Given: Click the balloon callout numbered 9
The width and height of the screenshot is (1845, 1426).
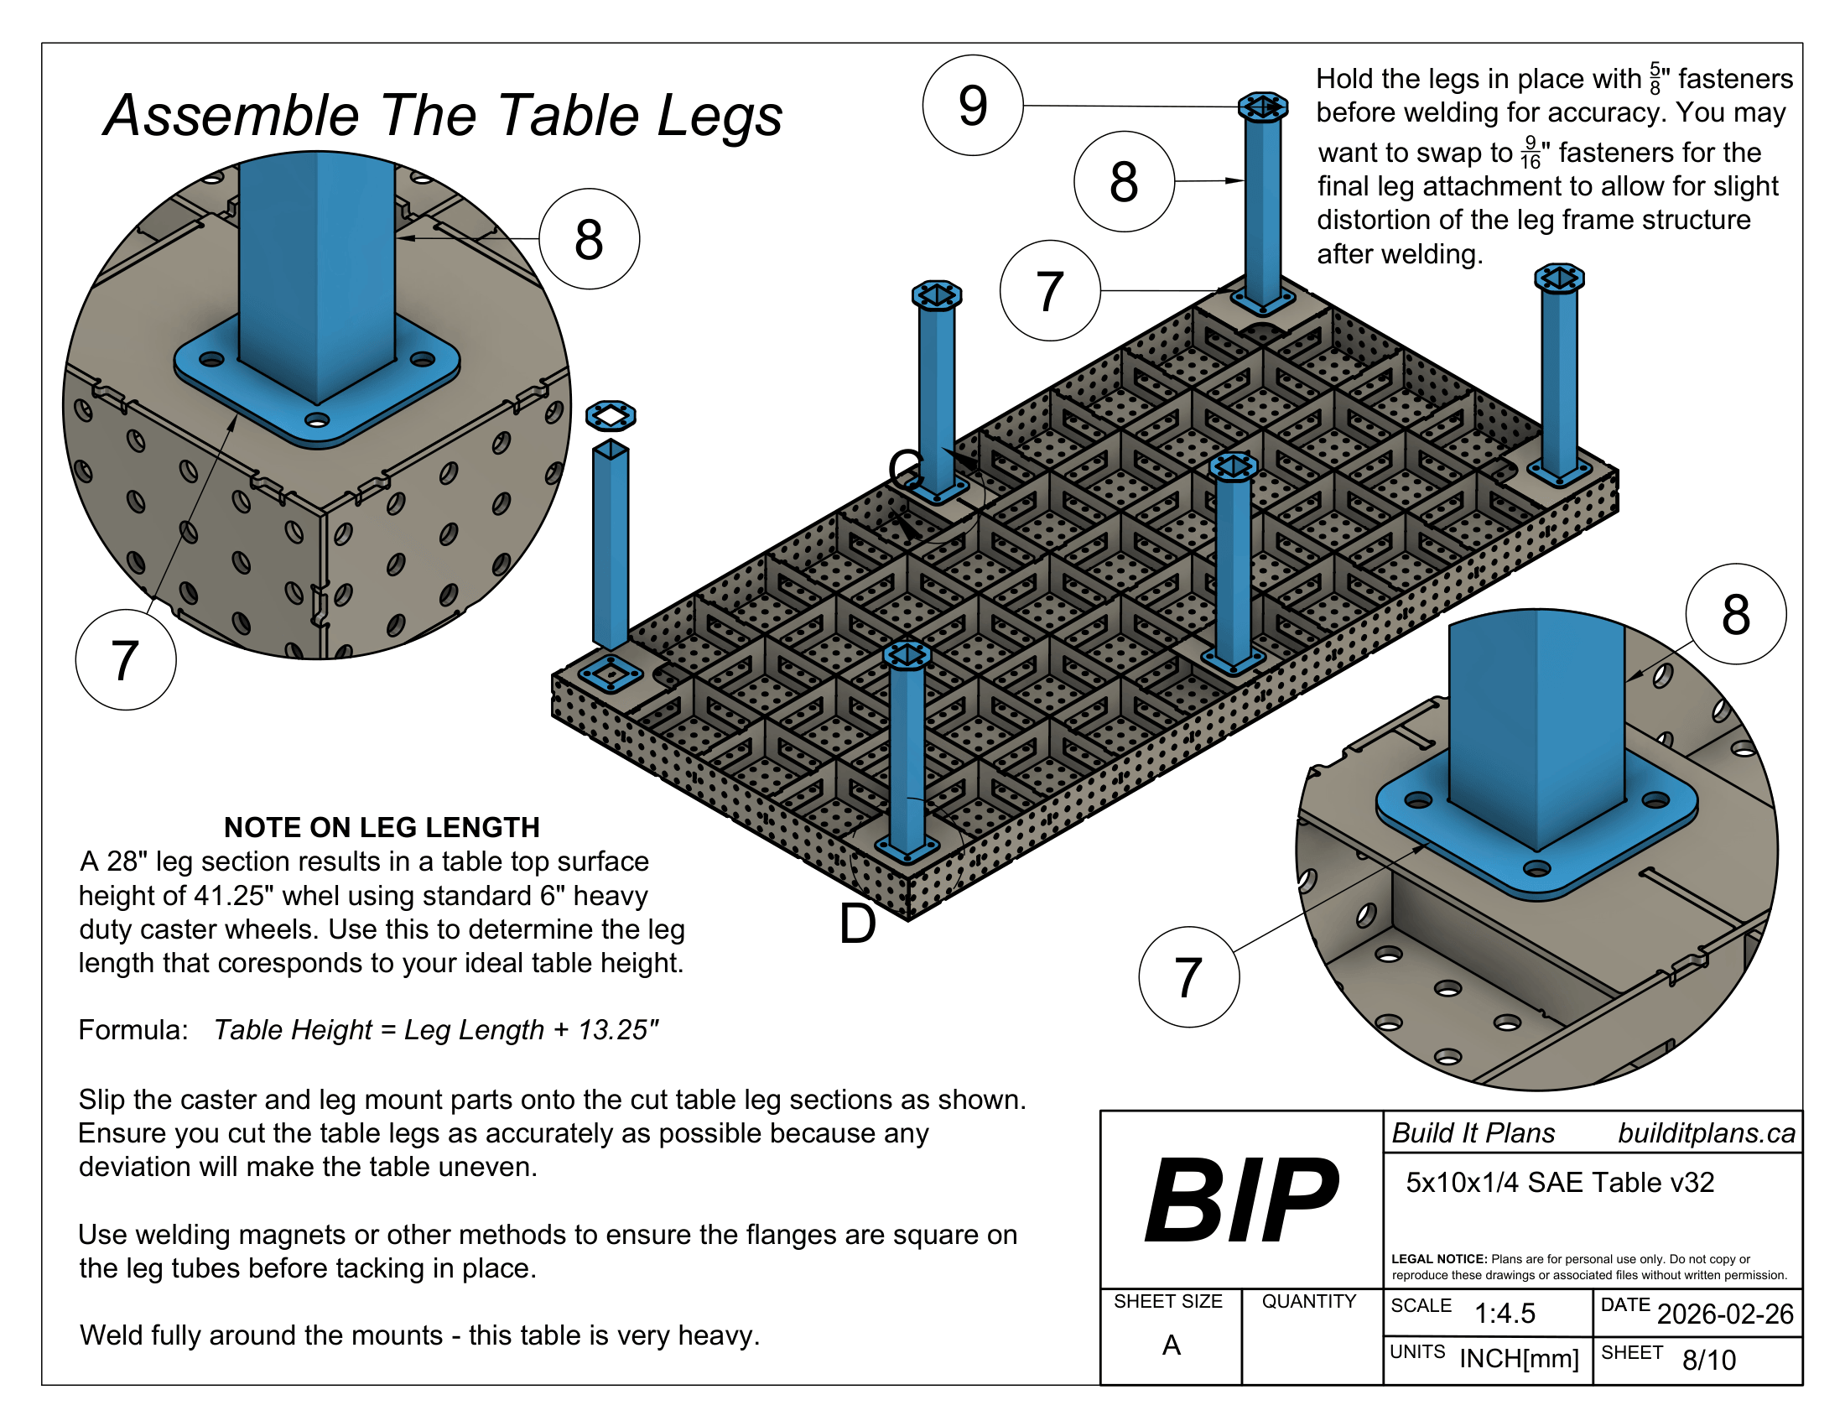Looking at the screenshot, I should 972,106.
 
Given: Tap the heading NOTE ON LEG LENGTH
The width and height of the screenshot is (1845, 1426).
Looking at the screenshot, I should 381,827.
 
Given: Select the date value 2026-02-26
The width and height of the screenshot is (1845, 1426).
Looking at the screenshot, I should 1724,1314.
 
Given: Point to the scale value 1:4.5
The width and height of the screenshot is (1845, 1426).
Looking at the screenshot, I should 1505,1314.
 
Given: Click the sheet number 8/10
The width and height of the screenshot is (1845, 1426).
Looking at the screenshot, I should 1708,1360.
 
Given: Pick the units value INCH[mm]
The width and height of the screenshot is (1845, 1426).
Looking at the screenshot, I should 1518,1358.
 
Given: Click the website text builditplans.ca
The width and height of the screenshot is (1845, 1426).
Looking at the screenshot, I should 1706,1133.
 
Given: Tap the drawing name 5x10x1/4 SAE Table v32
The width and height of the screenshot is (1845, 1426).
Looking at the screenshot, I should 1560,1183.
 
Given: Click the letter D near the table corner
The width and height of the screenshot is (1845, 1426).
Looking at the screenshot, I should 856,924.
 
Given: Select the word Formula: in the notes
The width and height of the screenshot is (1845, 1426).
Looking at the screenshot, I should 133,1030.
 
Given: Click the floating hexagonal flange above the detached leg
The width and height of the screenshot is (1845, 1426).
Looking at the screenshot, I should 610,415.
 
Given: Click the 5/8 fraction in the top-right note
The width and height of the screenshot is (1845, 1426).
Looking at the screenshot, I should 1654,79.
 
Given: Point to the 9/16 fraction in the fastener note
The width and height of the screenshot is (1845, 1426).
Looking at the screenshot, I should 1529,152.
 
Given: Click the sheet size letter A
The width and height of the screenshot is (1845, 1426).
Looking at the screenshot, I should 1171,1345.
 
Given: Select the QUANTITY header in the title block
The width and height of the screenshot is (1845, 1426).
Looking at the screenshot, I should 1308,1302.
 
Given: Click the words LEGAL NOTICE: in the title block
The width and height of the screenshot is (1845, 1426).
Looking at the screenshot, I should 1438,1259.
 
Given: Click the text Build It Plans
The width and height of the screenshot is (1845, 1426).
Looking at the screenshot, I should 1473,1133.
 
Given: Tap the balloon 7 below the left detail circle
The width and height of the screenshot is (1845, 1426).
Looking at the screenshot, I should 125,660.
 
